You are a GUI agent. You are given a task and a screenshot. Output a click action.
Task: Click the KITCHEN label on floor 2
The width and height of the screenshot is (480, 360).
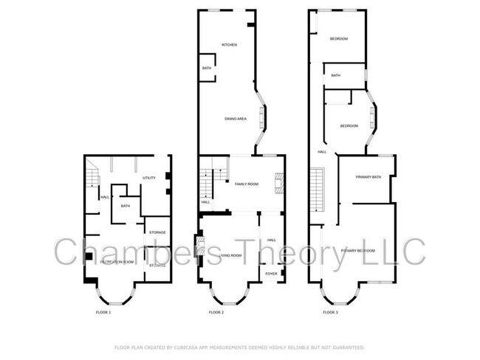click(x=229, y=45)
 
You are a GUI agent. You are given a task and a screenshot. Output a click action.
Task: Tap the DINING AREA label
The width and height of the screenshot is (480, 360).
click(x=236, y=119)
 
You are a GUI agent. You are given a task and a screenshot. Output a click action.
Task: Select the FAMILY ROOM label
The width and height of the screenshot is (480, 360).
click(x=246, y=184)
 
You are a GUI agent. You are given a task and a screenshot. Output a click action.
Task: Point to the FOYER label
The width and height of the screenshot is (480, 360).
click(x=271, y=274)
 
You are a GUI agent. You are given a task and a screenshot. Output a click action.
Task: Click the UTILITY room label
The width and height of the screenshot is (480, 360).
click(x=148, y=178)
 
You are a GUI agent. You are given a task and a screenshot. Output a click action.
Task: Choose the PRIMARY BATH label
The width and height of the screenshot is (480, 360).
click(x=368, y=177)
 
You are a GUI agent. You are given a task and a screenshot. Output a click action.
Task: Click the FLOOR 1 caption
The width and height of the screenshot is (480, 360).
click(x=103, y=313)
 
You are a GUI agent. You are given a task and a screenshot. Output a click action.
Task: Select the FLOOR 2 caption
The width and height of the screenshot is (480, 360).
click(x=216, y=313)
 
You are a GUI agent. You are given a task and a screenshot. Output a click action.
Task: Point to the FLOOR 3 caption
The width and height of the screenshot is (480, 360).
click(x=330, y=313)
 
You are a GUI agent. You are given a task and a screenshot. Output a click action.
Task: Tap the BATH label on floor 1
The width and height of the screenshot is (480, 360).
click(x=126, y=207)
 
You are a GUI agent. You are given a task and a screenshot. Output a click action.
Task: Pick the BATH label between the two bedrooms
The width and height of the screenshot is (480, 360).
click(x=336, y=76)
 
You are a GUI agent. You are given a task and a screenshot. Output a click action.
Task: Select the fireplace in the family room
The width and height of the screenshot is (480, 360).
click(x=279, y=182)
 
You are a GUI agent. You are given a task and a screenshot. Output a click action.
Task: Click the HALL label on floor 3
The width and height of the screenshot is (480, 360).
click(x=322, y=152)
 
